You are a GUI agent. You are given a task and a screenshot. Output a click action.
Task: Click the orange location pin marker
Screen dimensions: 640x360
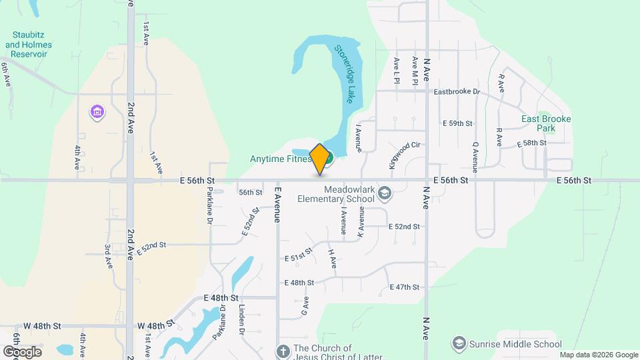tap(320, 159)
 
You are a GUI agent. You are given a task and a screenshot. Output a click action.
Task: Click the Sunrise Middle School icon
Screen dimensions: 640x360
tap(459, 344)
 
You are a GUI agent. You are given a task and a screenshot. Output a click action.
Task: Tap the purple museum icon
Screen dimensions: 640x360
tap(97, 111)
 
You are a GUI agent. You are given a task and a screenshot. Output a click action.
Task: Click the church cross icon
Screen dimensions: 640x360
tap(283, 351)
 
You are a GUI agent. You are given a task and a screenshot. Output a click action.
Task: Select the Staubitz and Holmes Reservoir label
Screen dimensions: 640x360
tap(28, 45)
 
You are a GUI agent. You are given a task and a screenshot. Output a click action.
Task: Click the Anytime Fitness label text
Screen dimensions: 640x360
tap(281, 159)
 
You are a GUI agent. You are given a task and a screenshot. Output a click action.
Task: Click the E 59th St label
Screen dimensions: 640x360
tap(457, 123)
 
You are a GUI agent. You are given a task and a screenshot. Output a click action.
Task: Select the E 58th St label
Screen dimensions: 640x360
tap(531, 143)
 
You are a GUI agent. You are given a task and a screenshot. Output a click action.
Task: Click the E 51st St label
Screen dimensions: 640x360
tap(298, 256)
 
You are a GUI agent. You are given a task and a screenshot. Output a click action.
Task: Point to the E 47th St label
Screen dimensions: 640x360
tap(404, 287)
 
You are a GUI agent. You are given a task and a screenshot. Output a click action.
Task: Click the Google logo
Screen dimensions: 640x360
tap(22, 351)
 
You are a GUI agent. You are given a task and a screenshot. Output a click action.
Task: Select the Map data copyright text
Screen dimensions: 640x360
tap(598, 355)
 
